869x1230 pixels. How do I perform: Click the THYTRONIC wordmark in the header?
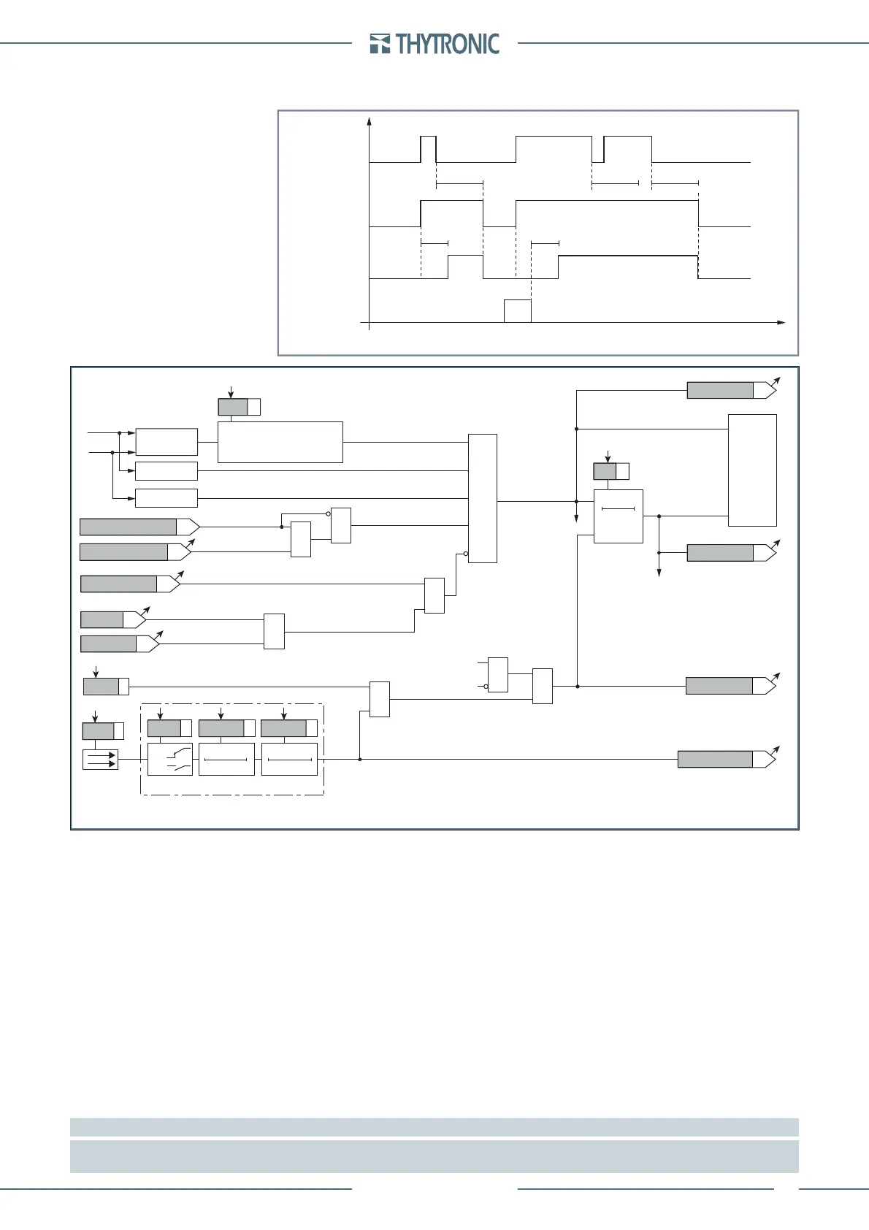[448, 44]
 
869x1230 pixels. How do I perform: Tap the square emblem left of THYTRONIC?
[380, 44]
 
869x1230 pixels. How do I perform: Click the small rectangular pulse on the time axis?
[518, 310]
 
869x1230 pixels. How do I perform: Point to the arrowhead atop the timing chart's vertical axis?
[370, 121]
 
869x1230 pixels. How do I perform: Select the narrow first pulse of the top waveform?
[429, 149]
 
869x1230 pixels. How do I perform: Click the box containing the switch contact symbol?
[170, 759]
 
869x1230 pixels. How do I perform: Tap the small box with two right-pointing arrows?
[100, 760]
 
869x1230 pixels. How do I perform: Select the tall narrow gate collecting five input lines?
[482, 498]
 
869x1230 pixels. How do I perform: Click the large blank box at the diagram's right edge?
[752, 470]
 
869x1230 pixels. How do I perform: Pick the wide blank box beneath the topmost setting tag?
[280, 442]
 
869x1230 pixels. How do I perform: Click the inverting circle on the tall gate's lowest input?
[466, 554]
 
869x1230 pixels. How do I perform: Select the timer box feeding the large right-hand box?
[619, 516]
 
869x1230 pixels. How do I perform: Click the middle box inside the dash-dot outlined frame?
[226, 759]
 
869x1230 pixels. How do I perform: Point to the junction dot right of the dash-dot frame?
[360, 759]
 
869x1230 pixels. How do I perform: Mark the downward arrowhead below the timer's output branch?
[659, 572]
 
